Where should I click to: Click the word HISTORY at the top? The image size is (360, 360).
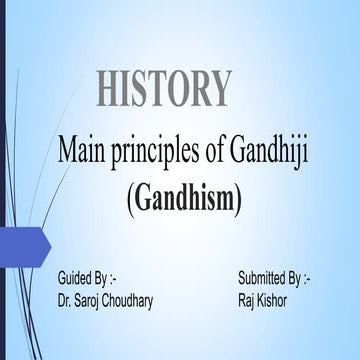(164, 89)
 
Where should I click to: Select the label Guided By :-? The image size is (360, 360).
(90, 275)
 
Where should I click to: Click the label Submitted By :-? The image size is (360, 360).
(274, 275)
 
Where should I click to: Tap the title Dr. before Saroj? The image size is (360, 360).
(67, 298)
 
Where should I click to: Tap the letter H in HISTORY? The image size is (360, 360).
(110, 89)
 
